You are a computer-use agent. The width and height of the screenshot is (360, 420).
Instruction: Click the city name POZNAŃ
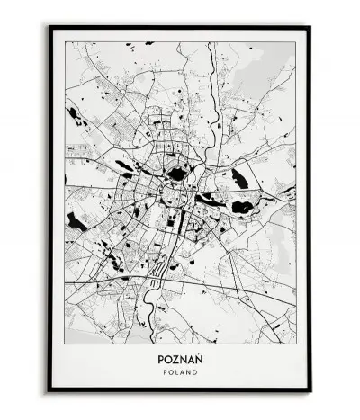click(180, 355)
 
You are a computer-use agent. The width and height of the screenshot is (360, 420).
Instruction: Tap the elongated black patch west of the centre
click(124, 165)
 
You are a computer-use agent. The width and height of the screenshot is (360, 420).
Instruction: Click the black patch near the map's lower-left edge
click(76, 221)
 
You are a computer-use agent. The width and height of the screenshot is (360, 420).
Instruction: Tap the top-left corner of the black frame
click(49, 27)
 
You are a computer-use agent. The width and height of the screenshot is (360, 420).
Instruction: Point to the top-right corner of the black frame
click(310, 27)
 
